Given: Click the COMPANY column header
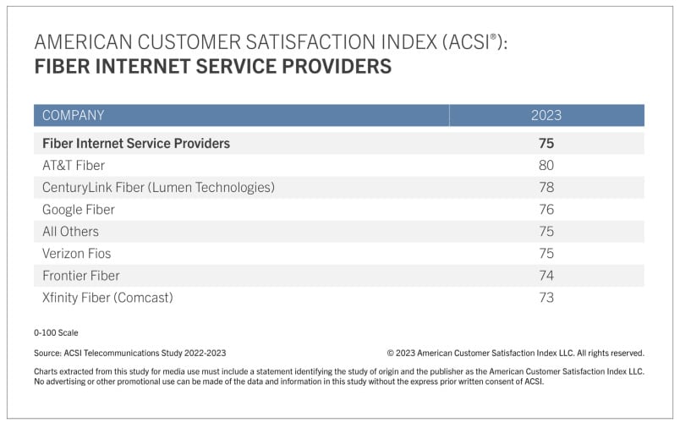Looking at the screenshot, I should pos(74,115).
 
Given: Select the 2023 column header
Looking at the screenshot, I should pos(546,115).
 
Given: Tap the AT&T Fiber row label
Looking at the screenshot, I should pos(74,166).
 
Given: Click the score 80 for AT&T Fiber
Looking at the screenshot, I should pos(546,166).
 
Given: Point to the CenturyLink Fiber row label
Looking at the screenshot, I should pos(158,188).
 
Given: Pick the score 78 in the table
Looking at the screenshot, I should pos(546,188).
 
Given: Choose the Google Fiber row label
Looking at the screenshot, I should pos(79,210).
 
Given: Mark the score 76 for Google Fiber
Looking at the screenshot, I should pos(546,210).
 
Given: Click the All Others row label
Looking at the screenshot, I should pos(70,232).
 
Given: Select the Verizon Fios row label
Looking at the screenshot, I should pos(77,254).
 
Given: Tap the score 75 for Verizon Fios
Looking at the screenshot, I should pos(546,254).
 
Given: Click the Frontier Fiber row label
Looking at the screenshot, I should pos(81,276).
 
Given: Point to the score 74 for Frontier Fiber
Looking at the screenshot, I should pos(546,276).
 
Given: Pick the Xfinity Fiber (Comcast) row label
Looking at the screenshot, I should pos(107,298).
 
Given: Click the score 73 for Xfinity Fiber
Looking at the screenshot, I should pos(546,298).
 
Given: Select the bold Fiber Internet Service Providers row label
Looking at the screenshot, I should pos(136,144).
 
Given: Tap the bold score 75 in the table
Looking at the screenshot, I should pos(546,144).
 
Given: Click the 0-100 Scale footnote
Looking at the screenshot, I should pos(56,333).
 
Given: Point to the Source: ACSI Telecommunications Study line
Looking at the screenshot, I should pos(130,354).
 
